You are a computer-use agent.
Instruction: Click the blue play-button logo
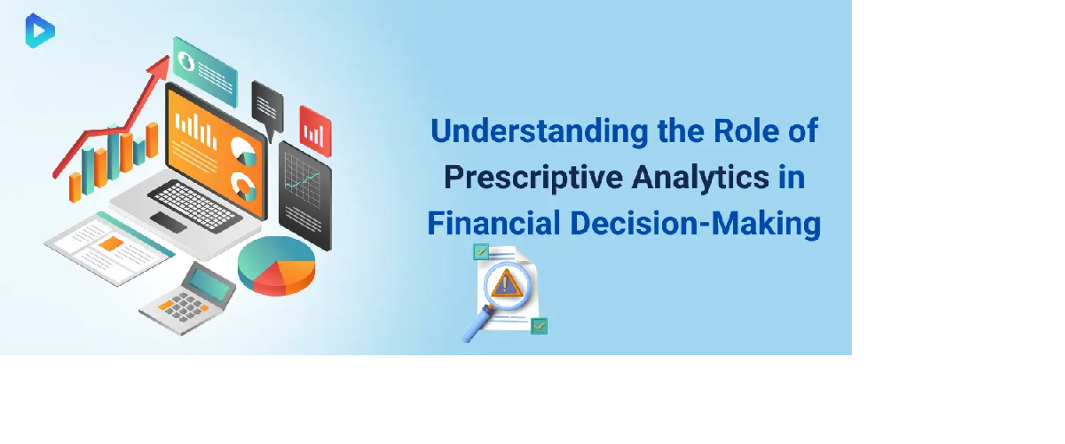pos(40,31)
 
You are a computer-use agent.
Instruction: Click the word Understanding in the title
pos(540,131)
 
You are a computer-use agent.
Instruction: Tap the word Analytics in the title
pos(700,177)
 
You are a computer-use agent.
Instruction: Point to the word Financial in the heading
pos(493,223)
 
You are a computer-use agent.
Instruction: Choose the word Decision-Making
pos(696,224)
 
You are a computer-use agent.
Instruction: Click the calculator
pos(187,298)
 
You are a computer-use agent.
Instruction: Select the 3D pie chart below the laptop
pos(276,266)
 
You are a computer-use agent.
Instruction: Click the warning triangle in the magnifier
pos(506,283)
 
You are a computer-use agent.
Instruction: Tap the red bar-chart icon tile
pos(315,131)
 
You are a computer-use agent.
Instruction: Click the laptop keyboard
pos(194,206)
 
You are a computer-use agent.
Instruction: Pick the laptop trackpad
pos(169,222)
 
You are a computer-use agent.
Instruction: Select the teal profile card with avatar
pos(205,71)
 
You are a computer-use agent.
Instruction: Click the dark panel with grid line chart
pos(304,195)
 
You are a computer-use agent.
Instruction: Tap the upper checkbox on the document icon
pos(481,251)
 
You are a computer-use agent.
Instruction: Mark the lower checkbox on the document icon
pos(540,326)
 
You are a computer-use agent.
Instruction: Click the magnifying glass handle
pos(477,323)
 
